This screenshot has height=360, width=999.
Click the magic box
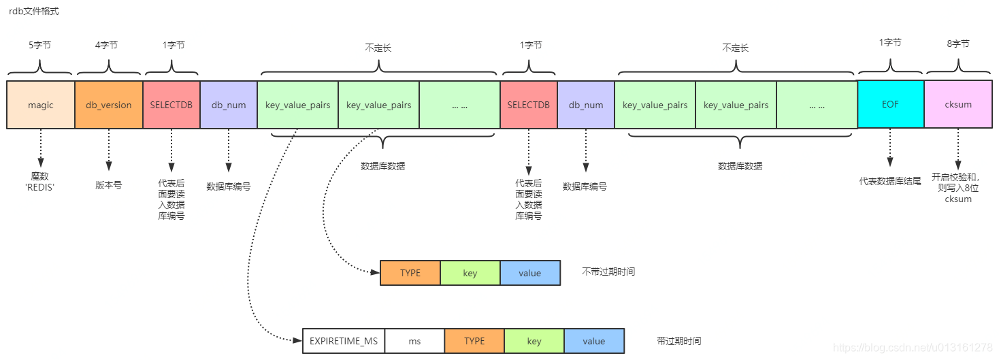point(40,105)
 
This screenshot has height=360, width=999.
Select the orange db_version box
point(108,105)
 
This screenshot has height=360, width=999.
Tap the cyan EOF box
point(890,105)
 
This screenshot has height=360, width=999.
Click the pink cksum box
point(958,105)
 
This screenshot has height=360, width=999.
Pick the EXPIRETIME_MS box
point(344,341)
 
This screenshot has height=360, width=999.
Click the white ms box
point(414,341)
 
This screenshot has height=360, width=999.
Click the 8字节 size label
point(958,44)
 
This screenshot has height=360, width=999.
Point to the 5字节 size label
point(39,45)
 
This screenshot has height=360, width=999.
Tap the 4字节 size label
point(106,45)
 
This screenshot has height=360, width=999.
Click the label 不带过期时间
point(608,272)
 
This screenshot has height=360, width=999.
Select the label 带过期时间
point(678,341)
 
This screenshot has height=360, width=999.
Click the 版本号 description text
point(108,185)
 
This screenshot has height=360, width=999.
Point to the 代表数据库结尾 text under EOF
point(890,181)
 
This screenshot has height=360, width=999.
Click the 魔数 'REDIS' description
point(39,181)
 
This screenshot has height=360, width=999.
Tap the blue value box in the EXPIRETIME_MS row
point(593,341)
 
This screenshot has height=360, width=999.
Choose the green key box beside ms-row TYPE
point(534,341)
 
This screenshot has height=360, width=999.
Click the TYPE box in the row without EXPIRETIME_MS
point(410,273)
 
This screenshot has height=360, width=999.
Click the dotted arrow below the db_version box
point(108,149)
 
